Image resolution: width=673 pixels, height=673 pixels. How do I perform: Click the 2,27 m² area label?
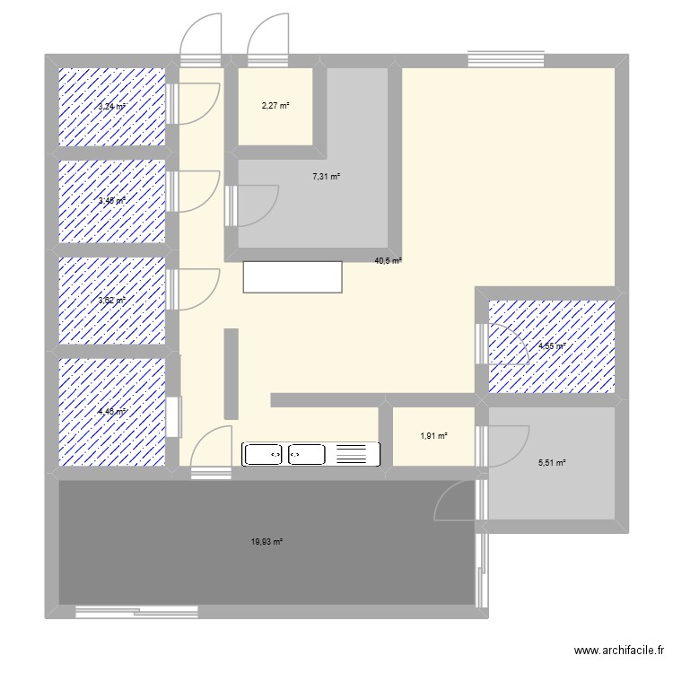[275, 106]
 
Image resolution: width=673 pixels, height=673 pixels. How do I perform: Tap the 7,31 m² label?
[326, 177]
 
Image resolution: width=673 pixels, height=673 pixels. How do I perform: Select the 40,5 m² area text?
[388, 261]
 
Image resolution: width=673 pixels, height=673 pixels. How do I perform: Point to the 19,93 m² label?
[267, 541]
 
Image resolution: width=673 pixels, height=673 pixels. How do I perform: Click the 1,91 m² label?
[433, 436]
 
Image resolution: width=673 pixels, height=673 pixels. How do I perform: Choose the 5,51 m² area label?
[552, 463]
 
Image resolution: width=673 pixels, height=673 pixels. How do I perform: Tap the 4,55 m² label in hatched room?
[551, 345]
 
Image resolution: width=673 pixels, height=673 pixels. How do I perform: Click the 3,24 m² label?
[111, 106]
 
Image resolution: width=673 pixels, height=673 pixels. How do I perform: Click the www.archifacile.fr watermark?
[619, 652]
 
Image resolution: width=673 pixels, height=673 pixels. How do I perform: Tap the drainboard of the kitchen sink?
[351, 454]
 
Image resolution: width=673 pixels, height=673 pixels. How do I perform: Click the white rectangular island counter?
[293, 276]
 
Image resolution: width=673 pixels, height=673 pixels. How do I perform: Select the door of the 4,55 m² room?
[508, 345]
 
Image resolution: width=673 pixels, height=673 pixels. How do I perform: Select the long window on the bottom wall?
[136, 613]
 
